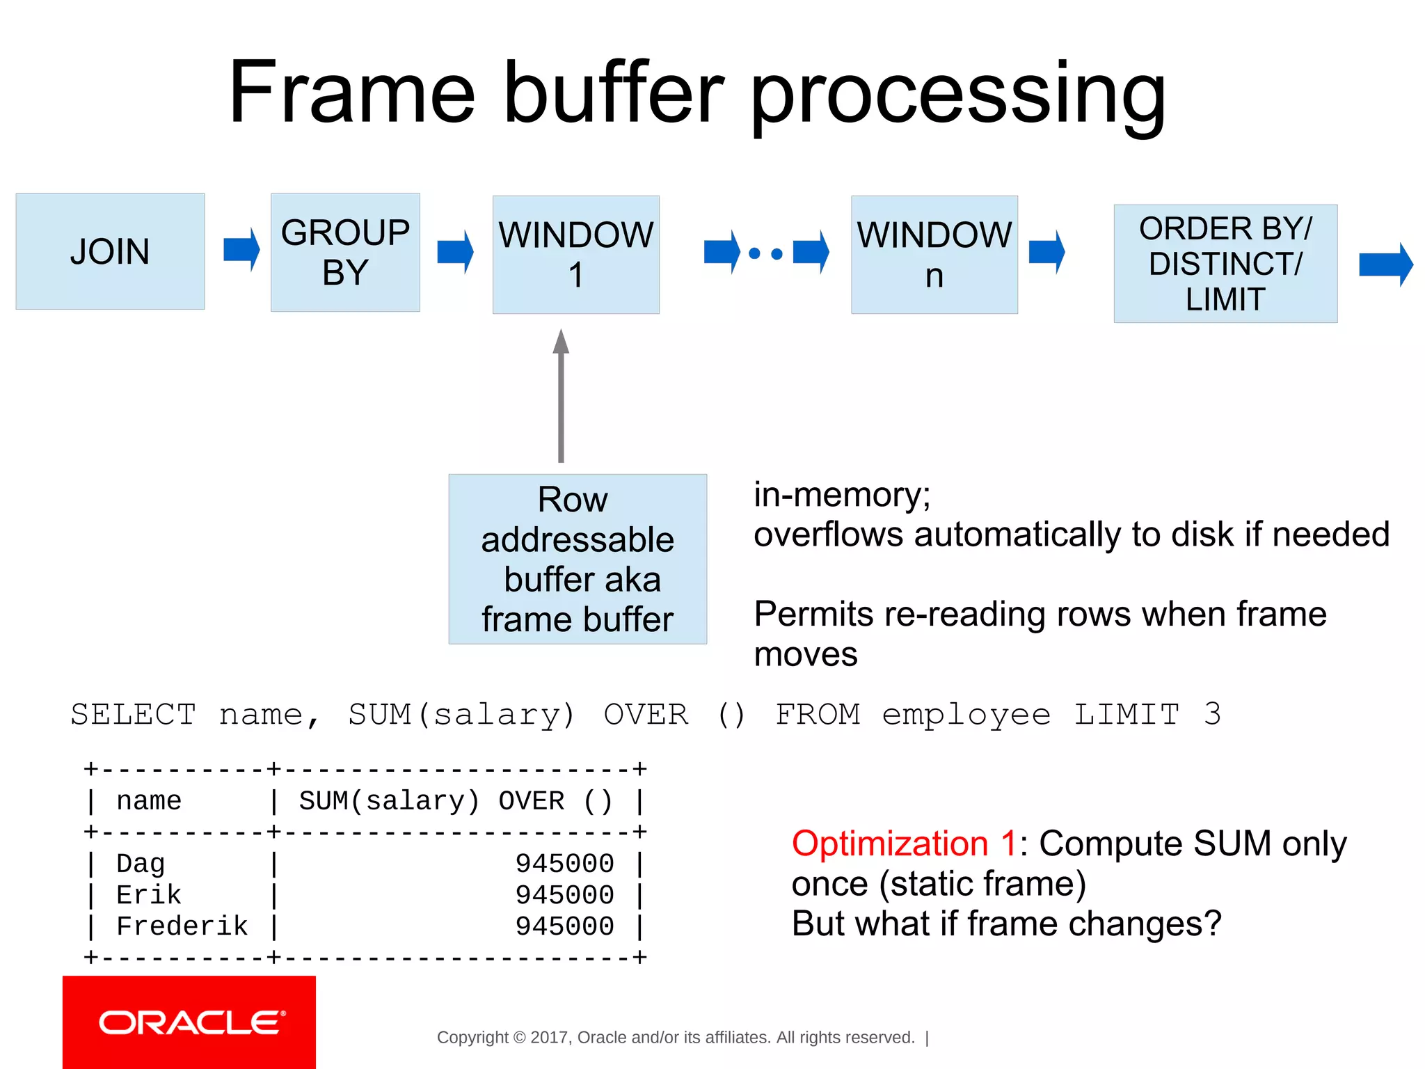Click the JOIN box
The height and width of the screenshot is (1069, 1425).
[x=110, y=251]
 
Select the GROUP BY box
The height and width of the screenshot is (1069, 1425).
[x=345, y=252]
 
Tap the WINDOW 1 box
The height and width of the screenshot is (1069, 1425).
[x=575, y=255]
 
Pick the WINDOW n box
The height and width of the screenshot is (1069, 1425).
[x=934, y=255]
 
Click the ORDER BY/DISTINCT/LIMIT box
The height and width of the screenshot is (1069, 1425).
[x=1225, y=264]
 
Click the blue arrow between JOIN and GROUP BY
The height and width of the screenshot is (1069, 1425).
[x=241, y=249]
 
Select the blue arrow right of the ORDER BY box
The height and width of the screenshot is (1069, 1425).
[x=1385, y=264]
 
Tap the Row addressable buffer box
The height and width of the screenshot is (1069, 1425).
[x=578, y=559]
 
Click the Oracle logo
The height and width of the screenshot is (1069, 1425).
[x=189, y=1022]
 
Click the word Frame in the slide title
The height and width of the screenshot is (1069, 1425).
[x=351, y=93]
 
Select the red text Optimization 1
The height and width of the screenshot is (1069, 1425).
[x=904, y=844]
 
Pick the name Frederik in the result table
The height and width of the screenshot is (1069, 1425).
[x=182, y=926]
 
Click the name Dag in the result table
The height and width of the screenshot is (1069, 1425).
[x=141, y=864]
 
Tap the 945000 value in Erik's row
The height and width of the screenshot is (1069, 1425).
[x=564, y=895]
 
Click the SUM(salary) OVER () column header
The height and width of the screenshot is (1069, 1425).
[x=456, y=801]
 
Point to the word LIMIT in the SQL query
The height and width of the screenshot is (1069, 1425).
[x=1127, y=715]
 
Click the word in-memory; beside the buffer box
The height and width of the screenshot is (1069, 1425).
[x=842, y=495]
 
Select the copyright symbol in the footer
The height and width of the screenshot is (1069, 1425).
[x=519, y=1038]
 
